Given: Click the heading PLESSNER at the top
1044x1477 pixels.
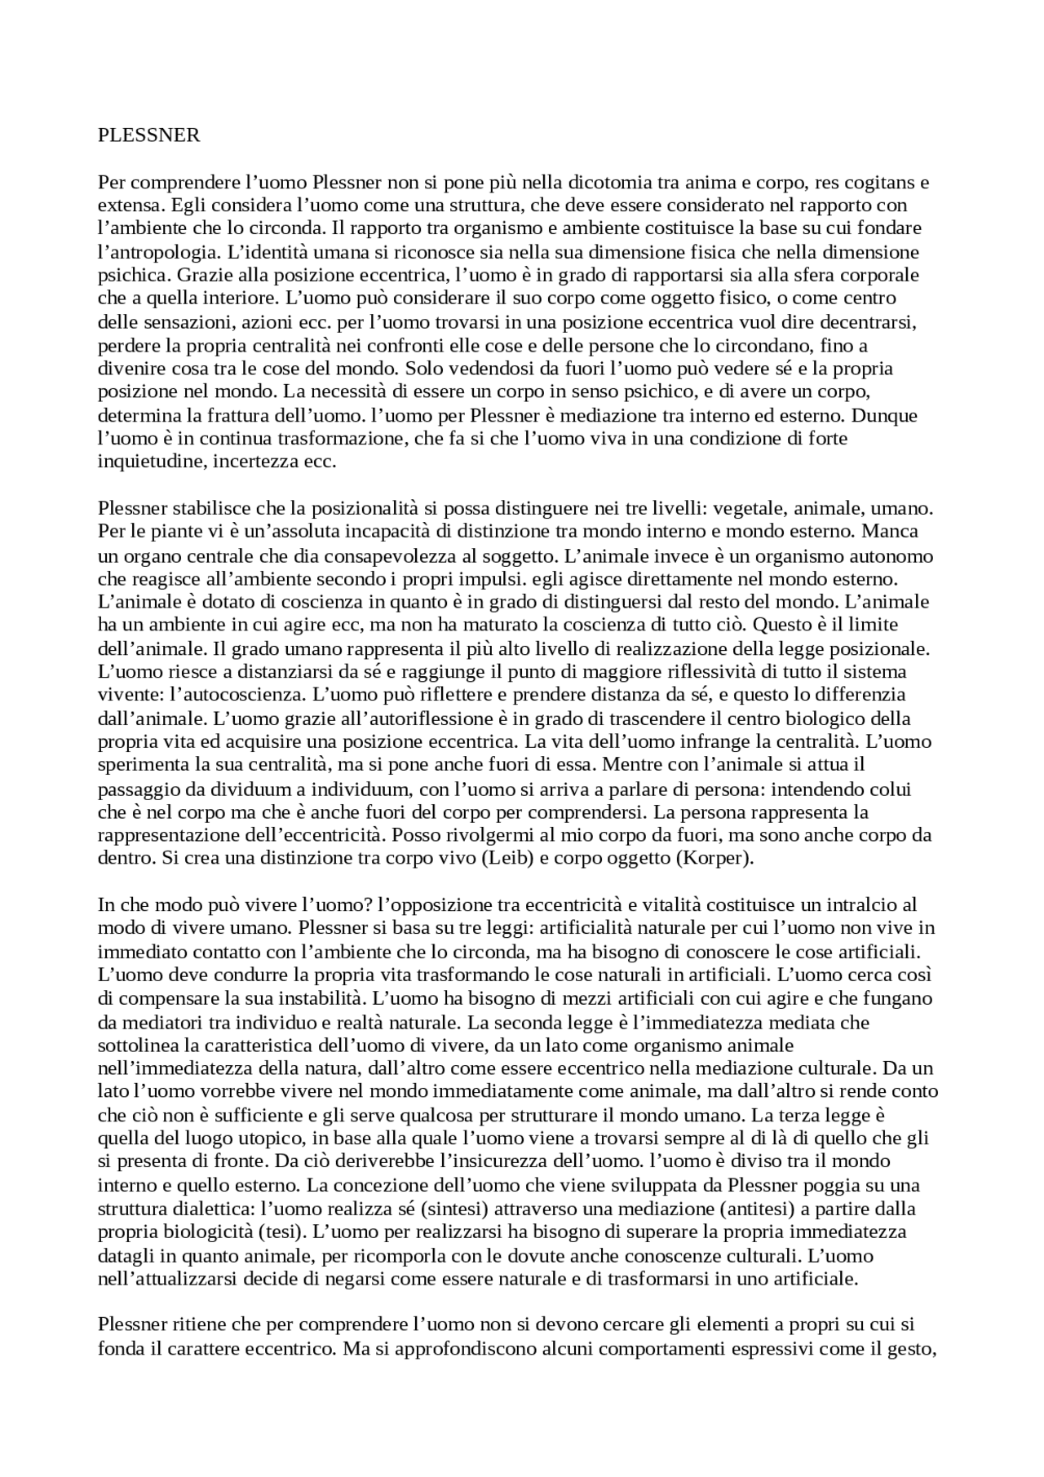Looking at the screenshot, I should (148, 135).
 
